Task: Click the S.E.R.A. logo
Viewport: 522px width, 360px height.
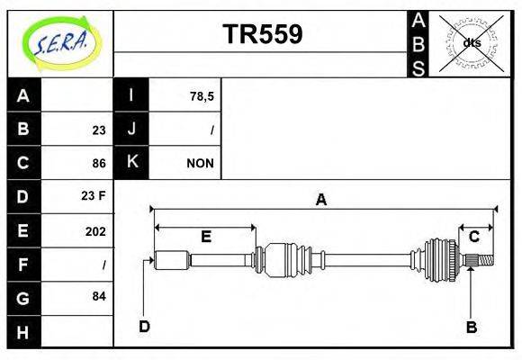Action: (60, 41)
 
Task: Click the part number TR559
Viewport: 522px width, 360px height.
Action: (262, 34)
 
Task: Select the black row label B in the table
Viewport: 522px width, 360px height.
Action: (23, 130)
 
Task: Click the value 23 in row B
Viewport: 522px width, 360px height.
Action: (98, 130)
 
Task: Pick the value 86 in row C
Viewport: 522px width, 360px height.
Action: (98, 164)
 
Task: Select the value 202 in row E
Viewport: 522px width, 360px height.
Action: (94, 231)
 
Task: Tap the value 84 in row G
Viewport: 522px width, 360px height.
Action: (98, 296)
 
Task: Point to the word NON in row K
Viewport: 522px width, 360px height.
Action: (199, 164)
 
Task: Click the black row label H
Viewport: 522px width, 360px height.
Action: (23, 332)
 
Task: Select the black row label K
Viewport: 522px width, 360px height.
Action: (131, 163)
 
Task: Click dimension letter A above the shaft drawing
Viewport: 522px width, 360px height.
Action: (320, 200)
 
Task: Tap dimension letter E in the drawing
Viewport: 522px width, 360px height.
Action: (205, 237)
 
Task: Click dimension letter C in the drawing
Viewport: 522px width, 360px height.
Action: (474, 237)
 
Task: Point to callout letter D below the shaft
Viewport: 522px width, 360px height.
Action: (144, 326)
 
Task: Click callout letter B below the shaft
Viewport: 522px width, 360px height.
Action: (471, 327)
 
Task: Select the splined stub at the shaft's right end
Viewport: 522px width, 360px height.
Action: (482, 261)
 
